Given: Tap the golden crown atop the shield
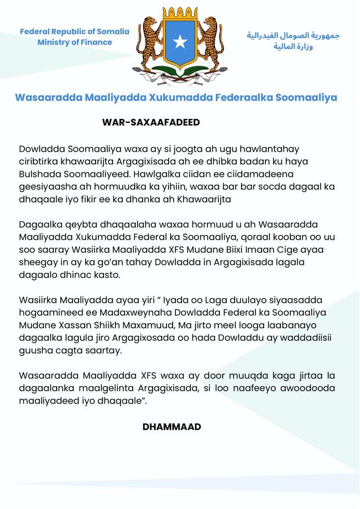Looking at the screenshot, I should pos(180,14).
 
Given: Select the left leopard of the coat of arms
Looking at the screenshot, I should pos(148,42).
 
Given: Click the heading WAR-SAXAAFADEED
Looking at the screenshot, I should pos(151,123).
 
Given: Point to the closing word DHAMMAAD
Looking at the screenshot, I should pos(172,426).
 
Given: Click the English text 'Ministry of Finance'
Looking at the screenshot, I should pos(75,42).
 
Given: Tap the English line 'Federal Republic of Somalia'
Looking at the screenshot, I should pos(75,32).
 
